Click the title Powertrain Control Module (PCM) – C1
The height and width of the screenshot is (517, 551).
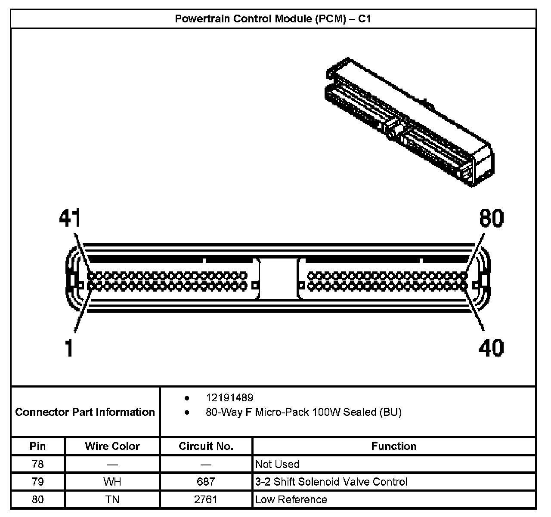pyautogui.click(x=273, y=19)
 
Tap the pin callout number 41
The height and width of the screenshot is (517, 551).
pyautogui.click(x=70, y=218)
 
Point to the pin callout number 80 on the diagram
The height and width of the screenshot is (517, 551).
pyautogui.click(x=491, y=218)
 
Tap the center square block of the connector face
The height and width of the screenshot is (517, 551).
pyautogui.click(x=278, y=279)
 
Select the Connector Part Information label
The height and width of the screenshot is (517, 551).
pyautogui.click(x=85, y=412)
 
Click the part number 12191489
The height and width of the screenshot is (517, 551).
pyautogui.click(x=229, y=398)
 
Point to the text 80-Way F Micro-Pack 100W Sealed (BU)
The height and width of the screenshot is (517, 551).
pyautogui.click(x=303, y=412)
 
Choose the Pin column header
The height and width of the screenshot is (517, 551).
pyautogui.click(x=37, y=446)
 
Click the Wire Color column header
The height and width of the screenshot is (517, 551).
pyautogui.click(x=112, y=446)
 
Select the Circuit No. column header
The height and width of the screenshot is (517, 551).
pyautogui.click(x=206, y=446)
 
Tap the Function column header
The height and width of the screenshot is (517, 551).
pyautogui.click(x=394, y=446)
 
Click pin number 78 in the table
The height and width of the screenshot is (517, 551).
pyautogui.click(x=37, y=464)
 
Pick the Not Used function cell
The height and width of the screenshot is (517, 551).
pyautogui.click(x=277, y=464)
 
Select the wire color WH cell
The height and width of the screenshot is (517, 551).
pyautogui.click(x=112, y=482)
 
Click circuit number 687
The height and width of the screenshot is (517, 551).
pyautogui.click(x=206, y=482)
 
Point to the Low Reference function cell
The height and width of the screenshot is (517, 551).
pyautogui.click(x=291, y=499)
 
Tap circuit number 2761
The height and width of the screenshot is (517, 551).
pyautogui.click(x=206, y=499)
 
